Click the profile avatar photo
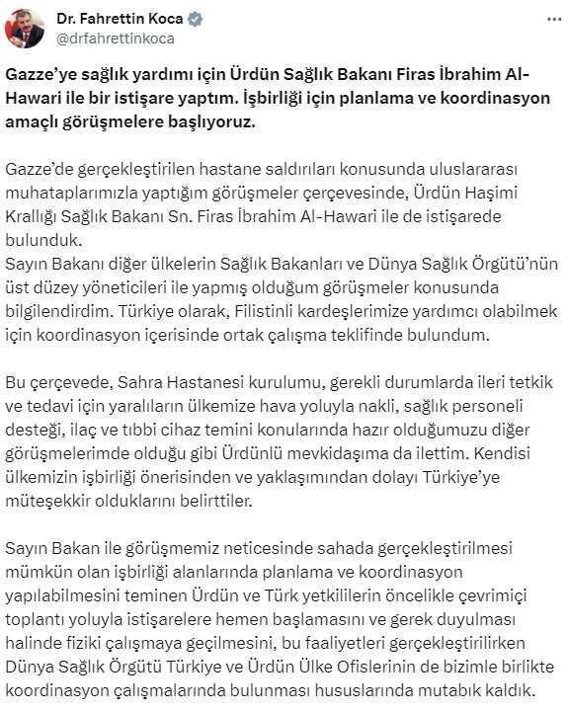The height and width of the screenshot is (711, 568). coord(26,27)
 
